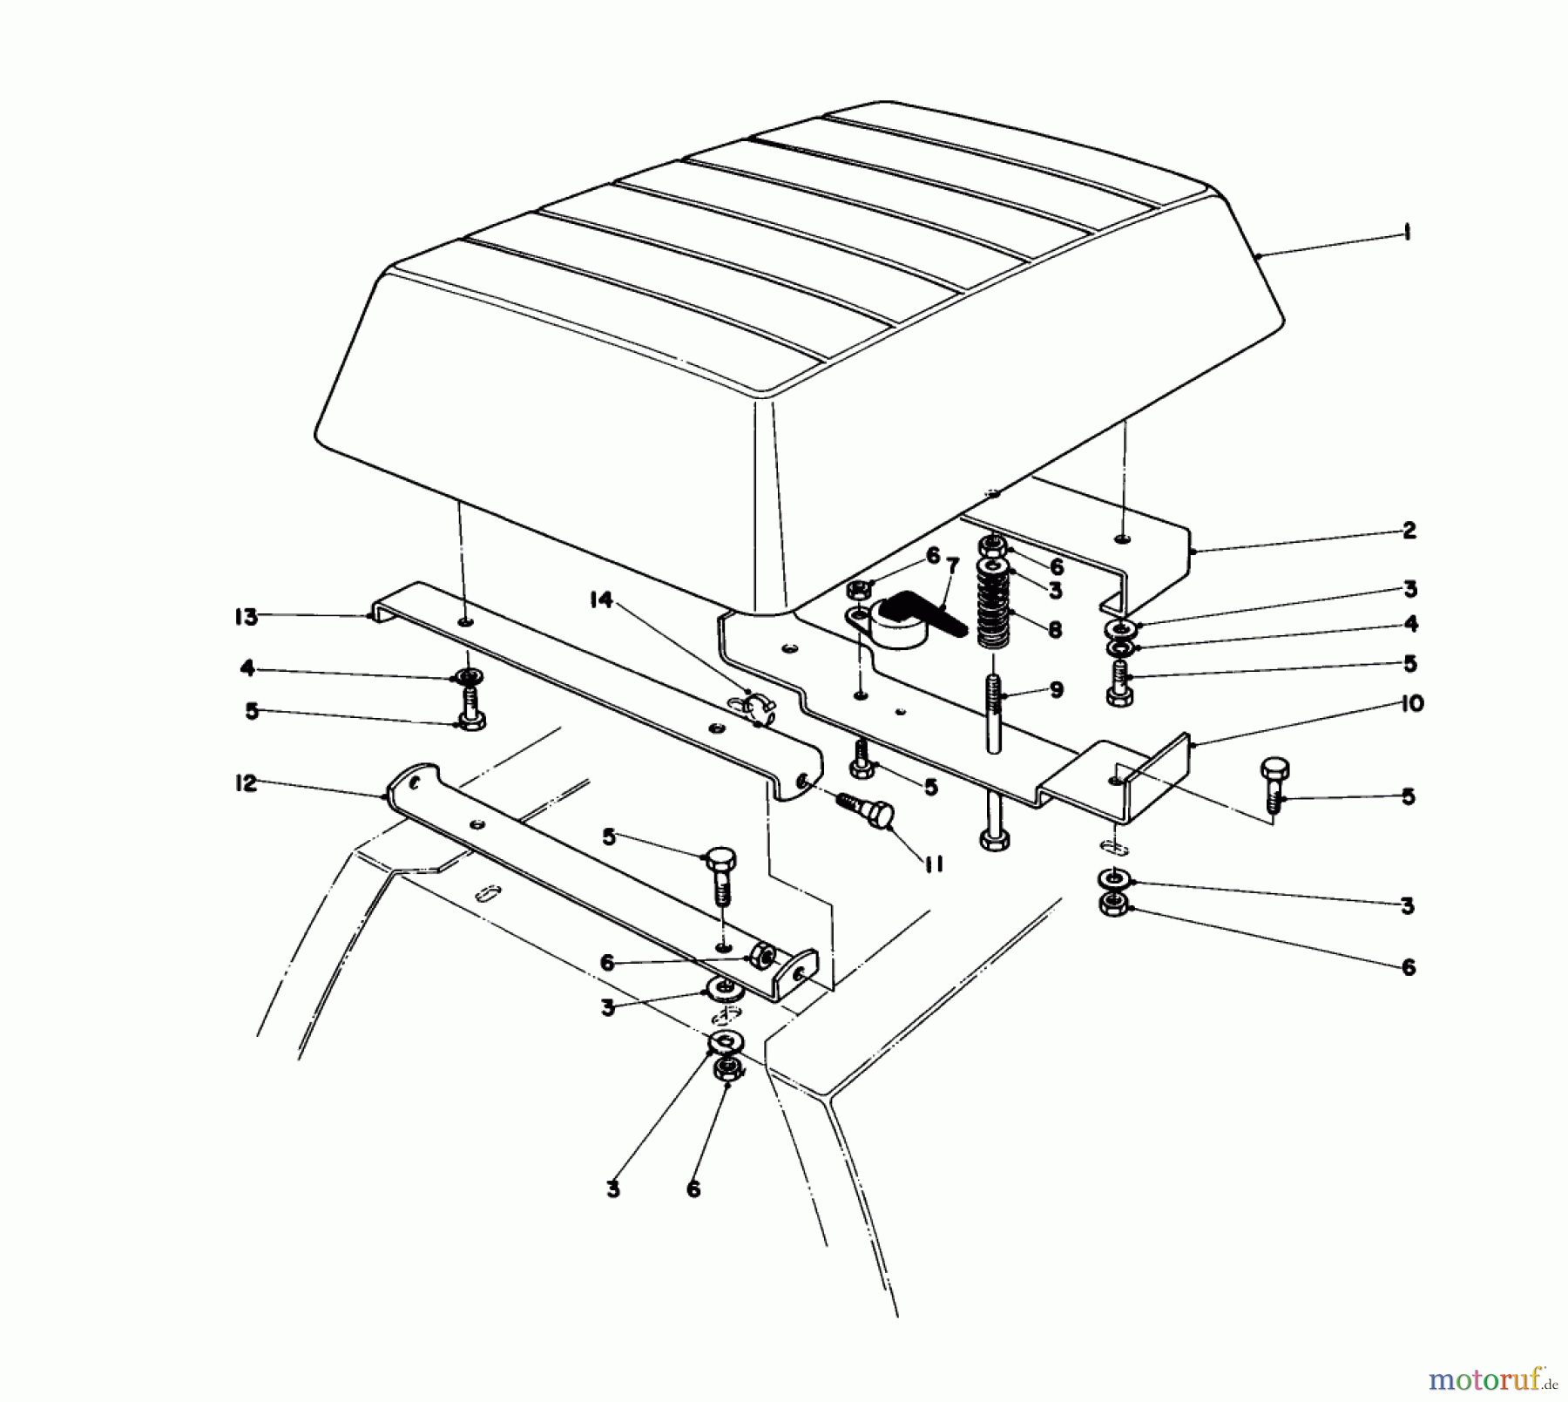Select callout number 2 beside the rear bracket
1409,530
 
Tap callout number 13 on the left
247,617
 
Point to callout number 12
247,783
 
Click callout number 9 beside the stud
1056,690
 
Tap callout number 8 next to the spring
1056,629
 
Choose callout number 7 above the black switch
952,566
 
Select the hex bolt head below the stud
995,839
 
